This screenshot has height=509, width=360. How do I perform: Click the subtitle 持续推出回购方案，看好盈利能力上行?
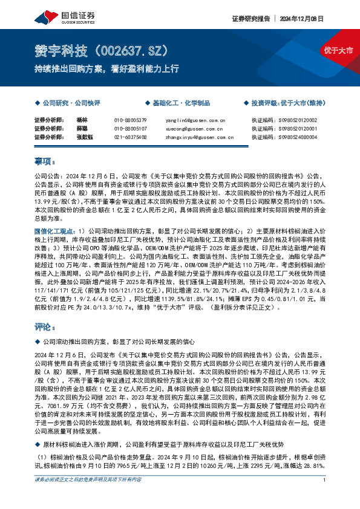(x=106, y=68)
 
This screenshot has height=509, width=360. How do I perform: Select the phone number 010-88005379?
(x=130, y=120)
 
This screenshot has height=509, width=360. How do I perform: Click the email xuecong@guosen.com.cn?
(x=195, y=129)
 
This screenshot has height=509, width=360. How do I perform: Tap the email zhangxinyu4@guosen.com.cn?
(x=199, y=137)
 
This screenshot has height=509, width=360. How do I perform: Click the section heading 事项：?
(x=45, y=162)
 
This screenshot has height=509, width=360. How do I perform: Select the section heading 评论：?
(x=45, y=328)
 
